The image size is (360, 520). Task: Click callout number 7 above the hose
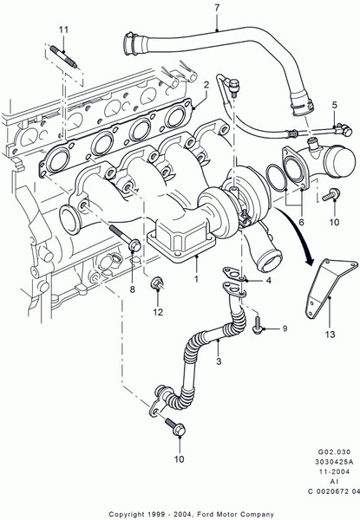[217, 8]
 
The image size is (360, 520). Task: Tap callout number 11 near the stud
[63, 29]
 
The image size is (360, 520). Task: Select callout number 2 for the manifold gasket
[206, 85]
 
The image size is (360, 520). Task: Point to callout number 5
[335, 105]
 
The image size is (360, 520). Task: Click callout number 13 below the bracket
[331, 335]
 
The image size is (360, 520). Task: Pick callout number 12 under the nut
[158, 312]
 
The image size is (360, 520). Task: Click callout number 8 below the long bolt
[133, 289]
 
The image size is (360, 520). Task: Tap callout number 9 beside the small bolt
[285, 328]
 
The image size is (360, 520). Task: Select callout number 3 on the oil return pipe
[219, 361]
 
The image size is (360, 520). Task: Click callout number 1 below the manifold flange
[196, 278]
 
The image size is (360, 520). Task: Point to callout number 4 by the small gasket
[268, 281]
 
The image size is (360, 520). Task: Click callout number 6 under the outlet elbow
[301, 222]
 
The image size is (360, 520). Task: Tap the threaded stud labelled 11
[63, 57]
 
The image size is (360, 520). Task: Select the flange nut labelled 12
[157, 284]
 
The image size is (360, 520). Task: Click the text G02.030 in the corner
[334, 452]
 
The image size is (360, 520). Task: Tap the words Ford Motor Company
[236, 514]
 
